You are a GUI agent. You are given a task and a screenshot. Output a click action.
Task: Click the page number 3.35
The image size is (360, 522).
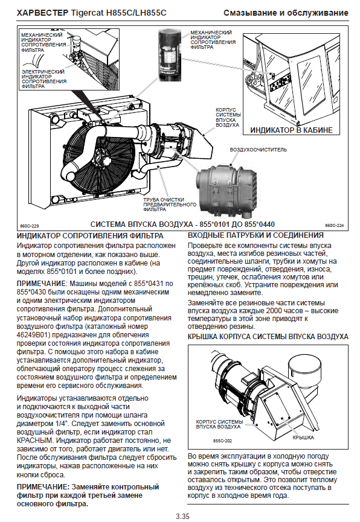[182, 517]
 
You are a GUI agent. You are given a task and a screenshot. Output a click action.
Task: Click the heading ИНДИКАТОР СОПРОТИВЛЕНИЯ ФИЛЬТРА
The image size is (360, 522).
[90, 236]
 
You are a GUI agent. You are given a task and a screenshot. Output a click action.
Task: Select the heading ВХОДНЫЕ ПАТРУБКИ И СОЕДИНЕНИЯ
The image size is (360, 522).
[256, 235]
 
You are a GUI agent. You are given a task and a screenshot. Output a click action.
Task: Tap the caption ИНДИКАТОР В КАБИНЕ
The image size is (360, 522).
[291, 130]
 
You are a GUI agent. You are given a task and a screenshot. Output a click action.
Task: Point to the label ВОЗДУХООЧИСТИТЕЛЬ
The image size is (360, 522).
[258, 150]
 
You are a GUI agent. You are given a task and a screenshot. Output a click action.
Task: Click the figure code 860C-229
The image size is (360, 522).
[30, 226]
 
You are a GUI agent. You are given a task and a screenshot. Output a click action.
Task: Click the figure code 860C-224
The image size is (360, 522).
[335, 225]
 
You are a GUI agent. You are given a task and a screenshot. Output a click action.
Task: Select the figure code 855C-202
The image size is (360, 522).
[222, 441]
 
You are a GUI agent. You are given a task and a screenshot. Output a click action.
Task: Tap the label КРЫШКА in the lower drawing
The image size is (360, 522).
[303, 438]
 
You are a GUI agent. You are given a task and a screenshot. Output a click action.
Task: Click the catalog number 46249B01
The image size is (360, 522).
[33, 334]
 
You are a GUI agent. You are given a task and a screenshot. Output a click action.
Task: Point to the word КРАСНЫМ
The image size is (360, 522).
[34, 441]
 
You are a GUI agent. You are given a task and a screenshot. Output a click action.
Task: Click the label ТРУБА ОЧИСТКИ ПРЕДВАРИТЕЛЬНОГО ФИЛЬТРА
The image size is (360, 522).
[170, 205]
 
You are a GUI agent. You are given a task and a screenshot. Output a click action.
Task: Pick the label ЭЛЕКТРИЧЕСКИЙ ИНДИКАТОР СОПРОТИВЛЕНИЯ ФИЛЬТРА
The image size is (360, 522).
[44, 79]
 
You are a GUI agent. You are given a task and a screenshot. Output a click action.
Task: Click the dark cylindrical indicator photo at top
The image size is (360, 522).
[170, 54]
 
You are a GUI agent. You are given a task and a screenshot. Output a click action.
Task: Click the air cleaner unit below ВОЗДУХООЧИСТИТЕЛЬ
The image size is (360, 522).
[227, 189]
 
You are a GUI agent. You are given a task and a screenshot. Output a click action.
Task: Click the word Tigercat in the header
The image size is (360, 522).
[87, 13]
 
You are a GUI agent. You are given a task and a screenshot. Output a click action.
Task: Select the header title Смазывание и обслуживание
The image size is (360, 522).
[286, 13]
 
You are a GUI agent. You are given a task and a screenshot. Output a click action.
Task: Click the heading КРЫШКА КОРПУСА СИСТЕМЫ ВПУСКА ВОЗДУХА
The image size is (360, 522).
[268, 337]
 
